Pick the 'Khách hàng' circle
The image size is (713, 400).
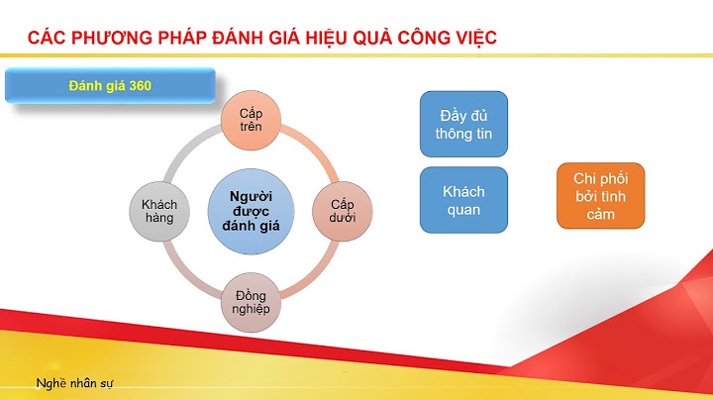coord(158,210)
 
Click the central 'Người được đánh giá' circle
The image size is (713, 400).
coord(251,210)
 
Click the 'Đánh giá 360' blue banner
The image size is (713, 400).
coord(109,86)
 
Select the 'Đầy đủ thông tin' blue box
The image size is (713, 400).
coord(463,124)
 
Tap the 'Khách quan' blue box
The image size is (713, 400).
coord(463,200)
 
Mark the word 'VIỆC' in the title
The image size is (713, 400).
coord(472,39)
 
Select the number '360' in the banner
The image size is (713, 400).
coord(139,86)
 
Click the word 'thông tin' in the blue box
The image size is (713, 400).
coord(463,135)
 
